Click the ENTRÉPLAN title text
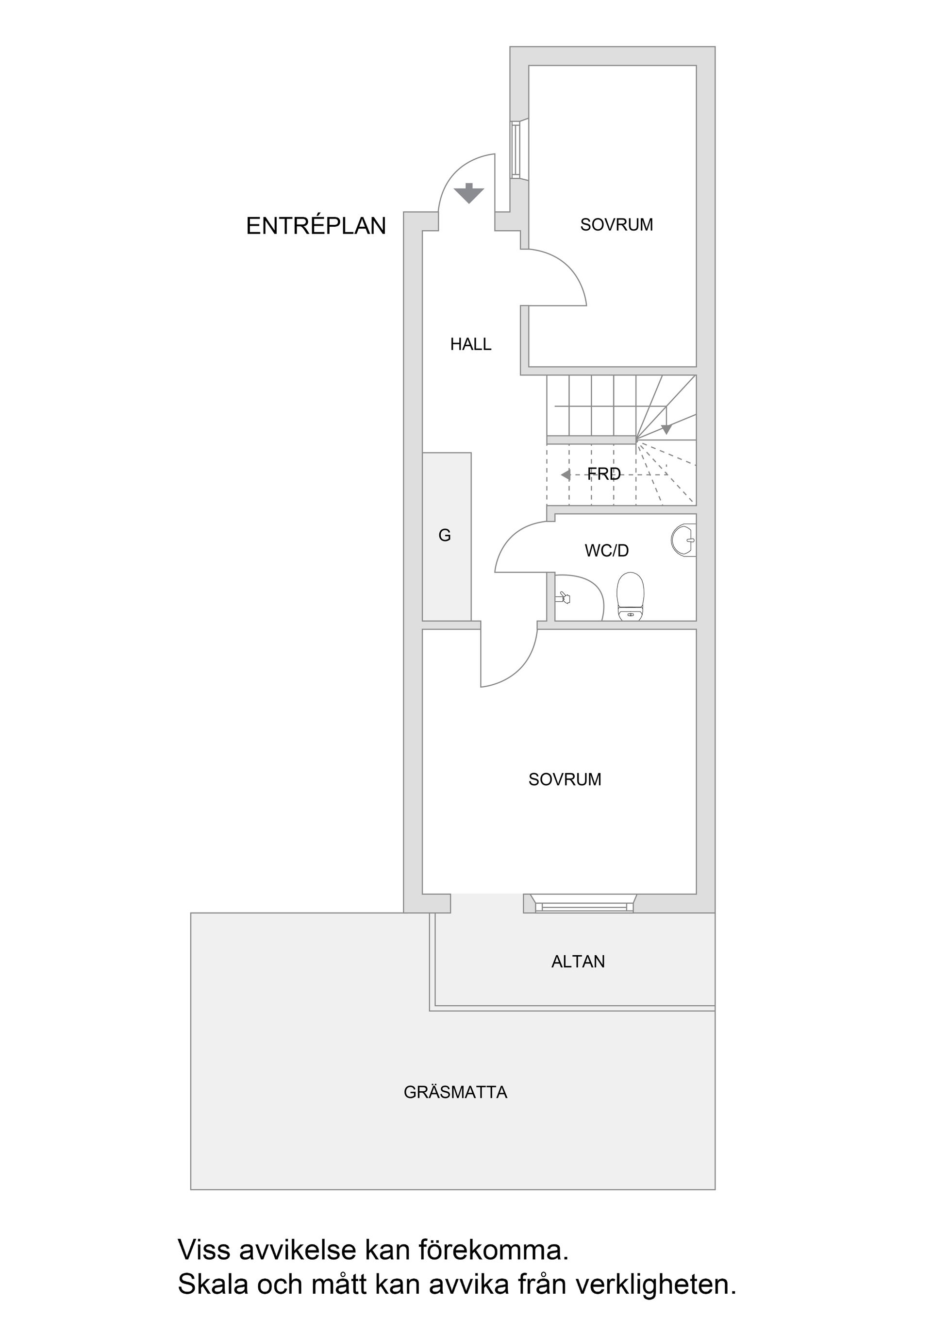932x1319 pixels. pos(316,226)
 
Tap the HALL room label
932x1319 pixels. pos(470,344)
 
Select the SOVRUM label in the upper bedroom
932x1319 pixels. pos(616,225)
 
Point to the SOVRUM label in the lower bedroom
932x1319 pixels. pos(565,779)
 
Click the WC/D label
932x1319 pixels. pos(606,550)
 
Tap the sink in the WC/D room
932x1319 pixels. pos(684,540)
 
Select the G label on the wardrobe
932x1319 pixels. pos(445,535)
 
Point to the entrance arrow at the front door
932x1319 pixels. pos(469,193)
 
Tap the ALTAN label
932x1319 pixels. pos(578,962)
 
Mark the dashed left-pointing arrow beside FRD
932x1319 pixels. pos(566,474)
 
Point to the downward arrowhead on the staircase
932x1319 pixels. pos(666,428)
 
